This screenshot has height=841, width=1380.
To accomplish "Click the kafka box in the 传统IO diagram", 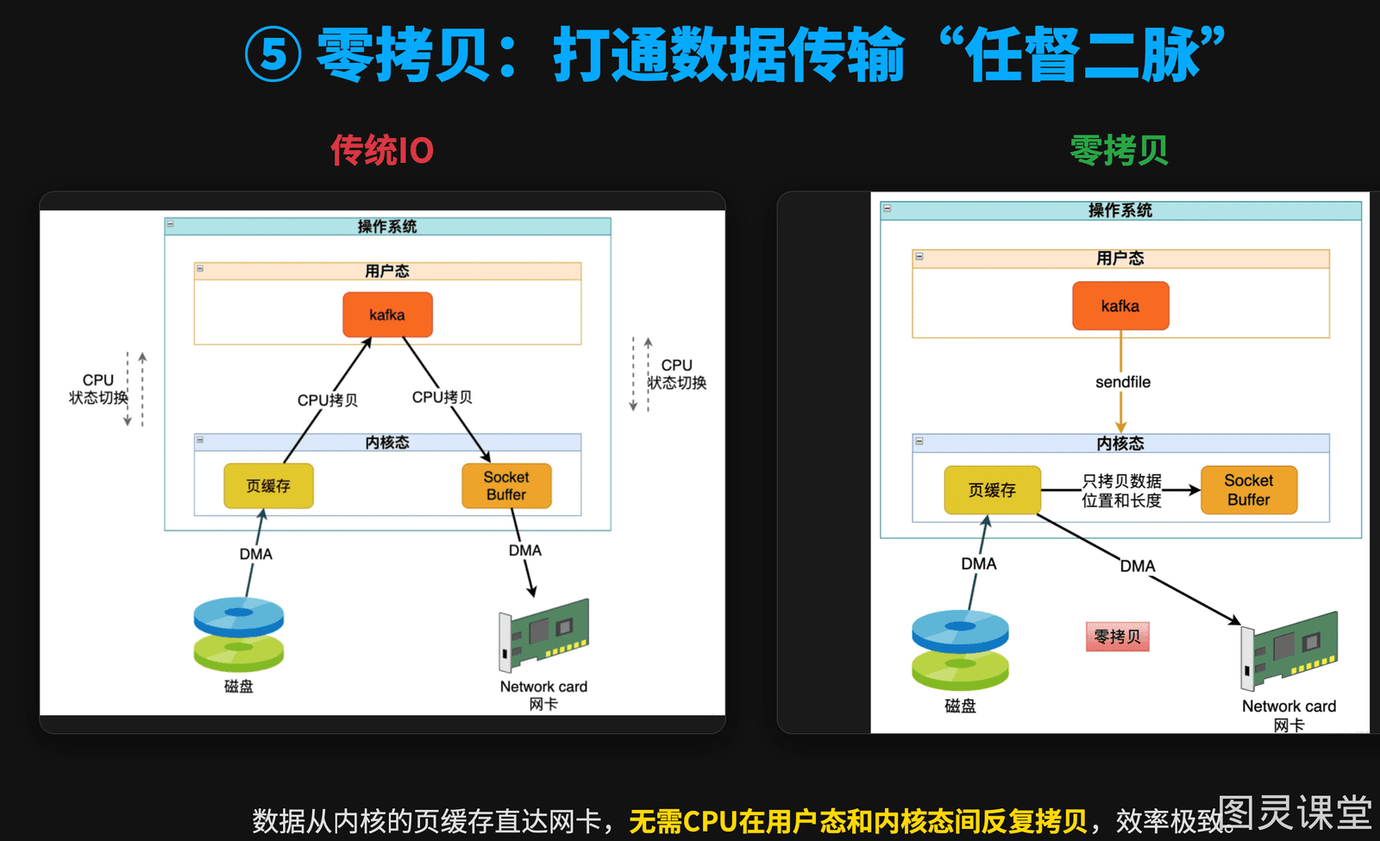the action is coord(387,315).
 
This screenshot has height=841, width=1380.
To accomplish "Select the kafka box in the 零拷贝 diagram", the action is coord(1120,305).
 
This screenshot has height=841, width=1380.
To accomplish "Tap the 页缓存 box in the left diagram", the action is coord(268,486).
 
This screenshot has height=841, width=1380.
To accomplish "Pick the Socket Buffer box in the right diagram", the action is coord(1249,490).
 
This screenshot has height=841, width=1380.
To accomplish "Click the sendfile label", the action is coord(1122,382).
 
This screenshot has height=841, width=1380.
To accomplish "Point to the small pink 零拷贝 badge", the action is coord(1117,637).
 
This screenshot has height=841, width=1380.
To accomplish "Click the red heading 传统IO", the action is coord(382,150).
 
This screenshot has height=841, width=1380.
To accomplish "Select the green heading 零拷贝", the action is coord(1119,150).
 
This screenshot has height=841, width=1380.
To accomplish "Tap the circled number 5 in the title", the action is coord(273,54).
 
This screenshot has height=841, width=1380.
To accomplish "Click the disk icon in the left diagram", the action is coord(238,634).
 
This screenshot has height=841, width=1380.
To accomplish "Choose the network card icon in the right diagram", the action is coord(1289,650).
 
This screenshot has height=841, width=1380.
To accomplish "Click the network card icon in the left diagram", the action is coord(543,635).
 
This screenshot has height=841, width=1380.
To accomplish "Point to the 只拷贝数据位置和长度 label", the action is coord(1121,491).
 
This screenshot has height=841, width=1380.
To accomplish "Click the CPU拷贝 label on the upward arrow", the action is coord(327,400).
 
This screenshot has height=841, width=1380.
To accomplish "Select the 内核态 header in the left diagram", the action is coord(387,442).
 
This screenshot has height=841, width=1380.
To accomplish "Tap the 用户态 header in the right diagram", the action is coord(1120,259).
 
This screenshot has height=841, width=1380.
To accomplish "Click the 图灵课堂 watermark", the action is coord(1295,812).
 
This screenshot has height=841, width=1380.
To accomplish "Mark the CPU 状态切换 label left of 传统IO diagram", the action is coord(98,389).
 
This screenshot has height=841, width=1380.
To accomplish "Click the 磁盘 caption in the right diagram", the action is coord(960,706).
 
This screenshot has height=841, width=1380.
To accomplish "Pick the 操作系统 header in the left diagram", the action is coord(387,227).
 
